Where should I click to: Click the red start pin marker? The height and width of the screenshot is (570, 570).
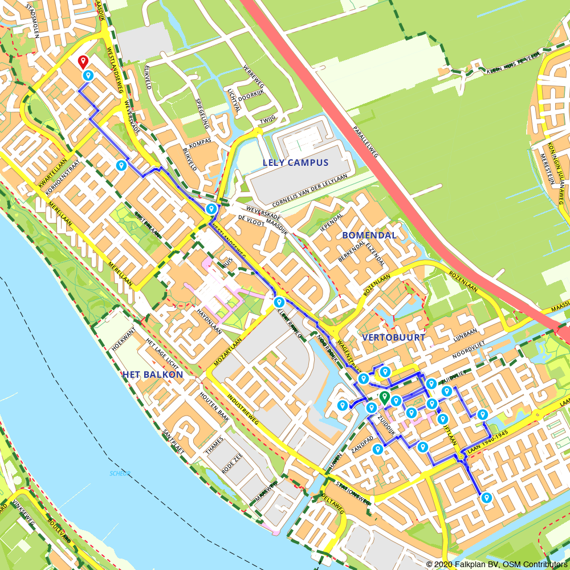coord(83,61)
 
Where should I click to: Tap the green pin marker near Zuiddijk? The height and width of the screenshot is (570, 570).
coord(385,397)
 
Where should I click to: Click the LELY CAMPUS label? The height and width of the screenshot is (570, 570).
coord(295,162)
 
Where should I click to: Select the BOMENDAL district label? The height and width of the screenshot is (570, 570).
coord(369,235)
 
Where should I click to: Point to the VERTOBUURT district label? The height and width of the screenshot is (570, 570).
coord(393,337)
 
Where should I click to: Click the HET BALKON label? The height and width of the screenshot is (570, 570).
coord(152,374)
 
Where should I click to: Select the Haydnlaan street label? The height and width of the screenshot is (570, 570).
coord(209,321)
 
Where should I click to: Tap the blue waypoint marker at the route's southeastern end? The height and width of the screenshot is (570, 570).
coord(486,498)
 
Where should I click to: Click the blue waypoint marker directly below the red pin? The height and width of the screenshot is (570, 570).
coord(88,75)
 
